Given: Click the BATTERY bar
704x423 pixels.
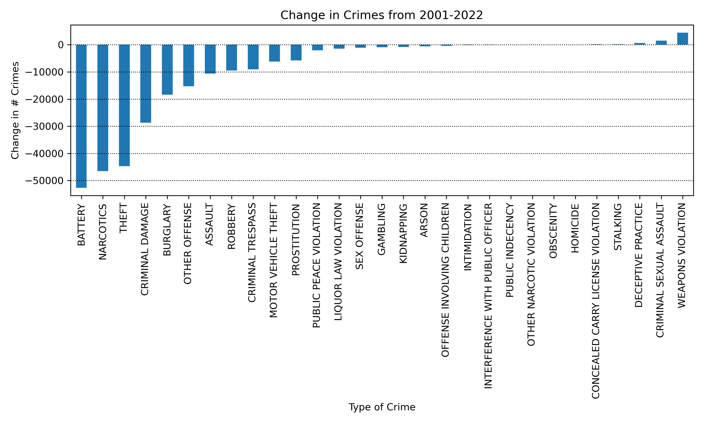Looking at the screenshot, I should (81, 116).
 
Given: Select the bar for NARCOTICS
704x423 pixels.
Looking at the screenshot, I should (103, 108).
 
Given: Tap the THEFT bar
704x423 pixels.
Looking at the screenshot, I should (124, 105).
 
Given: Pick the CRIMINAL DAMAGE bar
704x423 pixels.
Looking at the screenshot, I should (146, 83).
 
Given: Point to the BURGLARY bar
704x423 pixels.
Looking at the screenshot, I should (167, 70).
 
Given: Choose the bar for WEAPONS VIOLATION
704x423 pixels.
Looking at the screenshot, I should (682, 39).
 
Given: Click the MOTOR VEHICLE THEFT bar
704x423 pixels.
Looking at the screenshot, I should (274, 53).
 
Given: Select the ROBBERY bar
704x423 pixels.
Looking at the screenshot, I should (232, 58).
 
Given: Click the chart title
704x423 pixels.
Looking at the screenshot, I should (382, 15).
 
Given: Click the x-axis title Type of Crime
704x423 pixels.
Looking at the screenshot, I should (382, 407).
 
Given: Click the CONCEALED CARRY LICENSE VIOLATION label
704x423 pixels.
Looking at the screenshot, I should (596, 301).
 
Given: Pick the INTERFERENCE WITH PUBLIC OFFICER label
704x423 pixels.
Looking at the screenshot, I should (488, 296).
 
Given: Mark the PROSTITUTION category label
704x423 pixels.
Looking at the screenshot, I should (296, 240).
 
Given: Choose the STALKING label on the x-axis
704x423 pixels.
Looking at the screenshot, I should (618, 227).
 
